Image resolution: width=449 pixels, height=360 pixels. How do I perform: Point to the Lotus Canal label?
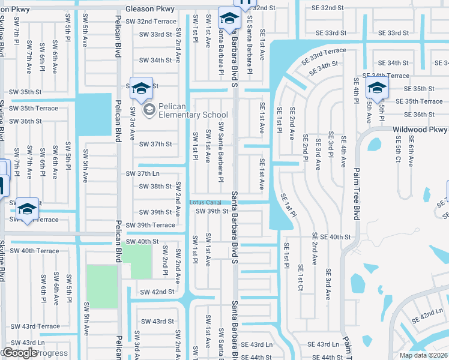click(x=206, y=202)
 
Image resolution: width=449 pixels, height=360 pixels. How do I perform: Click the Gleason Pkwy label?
click(x=150, y=10)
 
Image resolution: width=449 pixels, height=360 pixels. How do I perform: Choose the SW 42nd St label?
click(x=157, y=292)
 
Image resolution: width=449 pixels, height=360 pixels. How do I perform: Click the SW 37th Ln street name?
click(x=142, y=173)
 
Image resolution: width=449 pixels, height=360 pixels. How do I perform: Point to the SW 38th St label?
click(x=155, y=187)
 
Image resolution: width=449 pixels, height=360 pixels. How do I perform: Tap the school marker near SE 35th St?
click(x=377, y=88)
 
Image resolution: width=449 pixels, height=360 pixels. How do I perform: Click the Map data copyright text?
click(x=424, y=355)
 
